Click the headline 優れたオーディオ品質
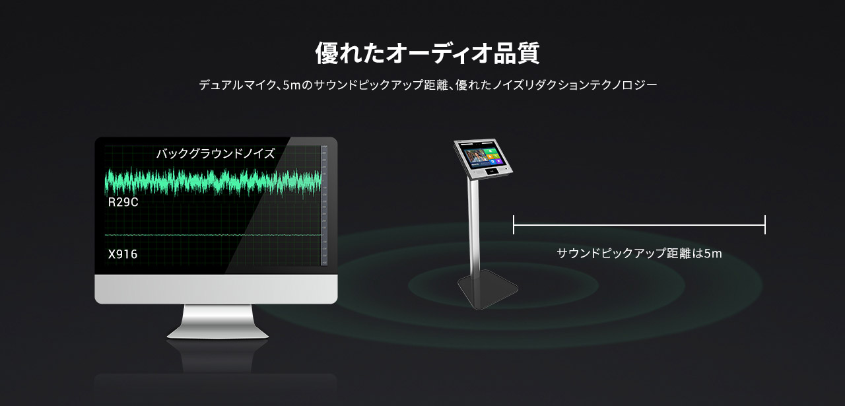point(427,53)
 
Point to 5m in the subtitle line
point(292,85)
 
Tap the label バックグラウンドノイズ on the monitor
point(215,154)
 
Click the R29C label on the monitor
point(123,202)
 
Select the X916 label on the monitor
point(123,254)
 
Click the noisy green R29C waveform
point(213,182)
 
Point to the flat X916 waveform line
point(213,235)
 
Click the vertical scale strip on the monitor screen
point(324,205)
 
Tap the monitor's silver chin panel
point(216,289)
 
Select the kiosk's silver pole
point(474,226)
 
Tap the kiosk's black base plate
point(487,289)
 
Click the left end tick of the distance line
point(514,225)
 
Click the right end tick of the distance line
point(765,225)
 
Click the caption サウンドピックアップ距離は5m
point(640,254)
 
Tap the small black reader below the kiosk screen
point(492,172)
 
